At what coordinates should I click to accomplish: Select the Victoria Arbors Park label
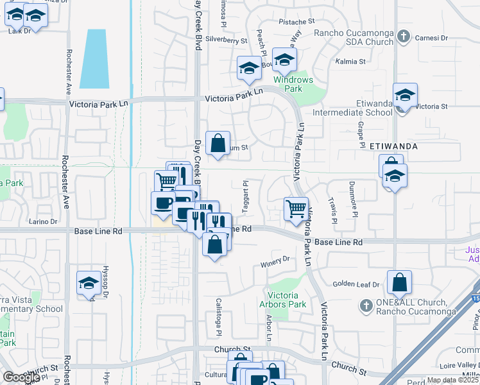click(x=283, y=300)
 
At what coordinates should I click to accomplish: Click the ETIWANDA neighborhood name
click(x=394, y=146)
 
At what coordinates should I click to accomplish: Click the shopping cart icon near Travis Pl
click(x=296, y=209)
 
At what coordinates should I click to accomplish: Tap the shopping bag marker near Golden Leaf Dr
click(x=399, y=282)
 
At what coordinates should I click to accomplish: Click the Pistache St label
click(x=296, y=22)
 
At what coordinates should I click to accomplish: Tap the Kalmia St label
click(x=350, y=62)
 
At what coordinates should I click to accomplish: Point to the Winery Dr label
click(x=275, y=261)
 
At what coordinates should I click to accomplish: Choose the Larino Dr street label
click(x=44, y=222)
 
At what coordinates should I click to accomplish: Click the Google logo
click(x=21, y=377)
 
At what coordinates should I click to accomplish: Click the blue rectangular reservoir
click(x=93, y=58)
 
